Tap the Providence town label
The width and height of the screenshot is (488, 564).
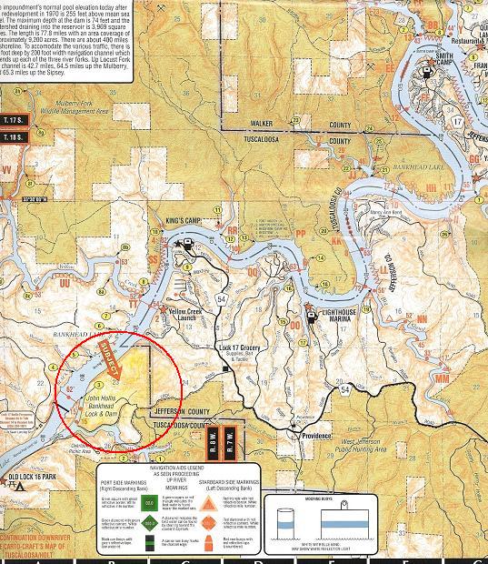click(316, 436)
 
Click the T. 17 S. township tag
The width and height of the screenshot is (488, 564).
click(15, 120)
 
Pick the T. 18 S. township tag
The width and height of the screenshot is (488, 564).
click(15, 137)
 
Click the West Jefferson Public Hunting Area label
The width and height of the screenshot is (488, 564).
click(396, 444)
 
